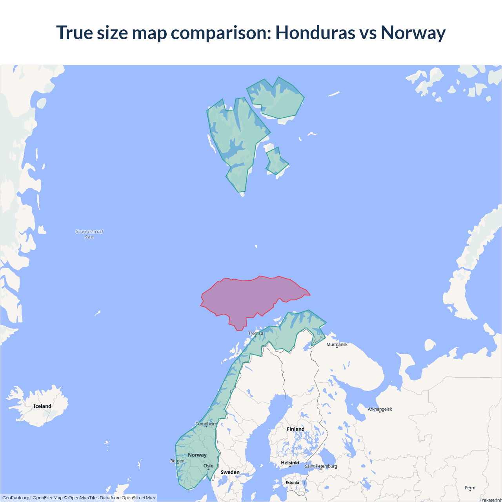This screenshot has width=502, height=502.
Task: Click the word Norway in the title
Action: [413, 33]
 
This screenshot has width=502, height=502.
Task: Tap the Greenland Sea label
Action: [89, 234]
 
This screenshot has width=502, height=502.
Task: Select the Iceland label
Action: [42, 406]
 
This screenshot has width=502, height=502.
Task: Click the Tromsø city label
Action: [256, 333]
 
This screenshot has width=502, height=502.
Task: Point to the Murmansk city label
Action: [337, 344]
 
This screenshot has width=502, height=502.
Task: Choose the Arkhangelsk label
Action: [380, 409]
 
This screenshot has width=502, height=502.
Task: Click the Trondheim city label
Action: [206, 424]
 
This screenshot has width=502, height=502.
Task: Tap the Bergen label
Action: [177, 461]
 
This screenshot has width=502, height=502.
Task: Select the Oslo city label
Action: [208, 466]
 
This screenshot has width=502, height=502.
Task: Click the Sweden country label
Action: [230, 472]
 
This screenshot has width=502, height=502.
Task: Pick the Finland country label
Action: [295, 429]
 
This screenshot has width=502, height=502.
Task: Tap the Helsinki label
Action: [290, 463]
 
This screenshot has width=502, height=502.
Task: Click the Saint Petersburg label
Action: [321, 466]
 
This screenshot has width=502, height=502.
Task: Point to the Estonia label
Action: [292, 482]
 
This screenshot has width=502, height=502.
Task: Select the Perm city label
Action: [470, 488]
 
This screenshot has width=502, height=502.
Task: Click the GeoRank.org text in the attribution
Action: [16, 498]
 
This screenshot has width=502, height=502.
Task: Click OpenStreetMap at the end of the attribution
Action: [138, 498]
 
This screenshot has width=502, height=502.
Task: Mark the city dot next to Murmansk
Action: [337, 347]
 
